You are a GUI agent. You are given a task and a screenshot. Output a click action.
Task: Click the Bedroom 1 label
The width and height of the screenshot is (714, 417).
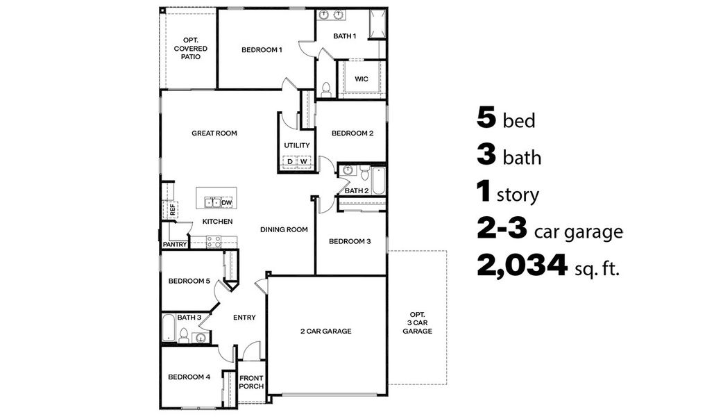click(262, 49)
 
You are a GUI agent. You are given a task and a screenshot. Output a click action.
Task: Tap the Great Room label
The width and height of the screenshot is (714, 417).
click(214, 133)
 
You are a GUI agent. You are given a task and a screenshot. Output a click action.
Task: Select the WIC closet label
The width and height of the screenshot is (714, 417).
click(361, 79)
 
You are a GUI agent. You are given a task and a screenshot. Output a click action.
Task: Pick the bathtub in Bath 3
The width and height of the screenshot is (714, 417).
click(169, 329)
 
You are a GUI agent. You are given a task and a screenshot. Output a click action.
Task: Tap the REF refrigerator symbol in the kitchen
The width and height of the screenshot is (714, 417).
click(169, 208)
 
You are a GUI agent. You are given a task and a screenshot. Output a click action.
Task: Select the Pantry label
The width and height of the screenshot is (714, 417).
click(174, 244)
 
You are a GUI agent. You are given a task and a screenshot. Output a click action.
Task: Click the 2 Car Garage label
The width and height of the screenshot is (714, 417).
click(325, 331)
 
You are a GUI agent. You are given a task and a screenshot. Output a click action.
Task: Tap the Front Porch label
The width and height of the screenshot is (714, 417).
click(251, 382)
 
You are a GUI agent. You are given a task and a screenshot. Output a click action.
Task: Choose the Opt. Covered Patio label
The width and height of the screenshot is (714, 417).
click(190, 49)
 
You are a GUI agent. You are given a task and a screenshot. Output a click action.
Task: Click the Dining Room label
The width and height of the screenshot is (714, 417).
click(284, 229)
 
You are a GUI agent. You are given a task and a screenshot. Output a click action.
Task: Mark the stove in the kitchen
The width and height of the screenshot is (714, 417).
click(213, 241)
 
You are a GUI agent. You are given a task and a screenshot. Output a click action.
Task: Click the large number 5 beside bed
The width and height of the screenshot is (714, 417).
click(486, 117)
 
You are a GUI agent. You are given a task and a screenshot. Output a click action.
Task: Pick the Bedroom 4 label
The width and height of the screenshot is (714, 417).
click(189, 377)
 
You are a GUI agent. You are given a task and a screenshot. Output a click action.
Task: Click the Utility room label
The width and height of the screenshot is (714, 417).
click(297, 145)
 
